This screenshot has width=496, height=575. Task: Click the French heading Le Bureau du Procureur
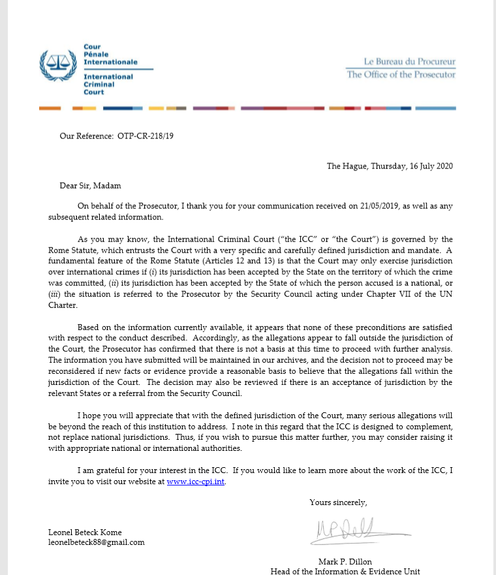click(x=409, y=62)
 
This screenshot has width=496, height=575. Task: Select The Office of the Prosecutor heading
click(x=401, y=74)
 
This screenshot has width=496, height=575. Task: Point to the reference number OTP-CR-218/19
click(x=146, y=137)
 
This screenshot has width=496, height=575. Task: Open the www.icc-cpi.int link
click(x=196, y=482)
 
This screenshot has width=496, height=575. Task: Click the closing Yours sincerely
click(x=338, y=502)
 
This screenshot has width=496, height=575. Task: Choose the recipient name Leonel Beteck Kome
click(x=85, y=532)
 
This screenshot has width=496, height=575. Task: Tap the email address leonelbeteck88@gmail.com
click(x=96, y=542)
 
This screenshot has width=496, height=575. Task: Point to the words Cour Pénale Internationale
click(x=110, y=54)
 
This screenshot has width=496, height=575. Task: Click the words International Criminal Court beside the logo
click(x=108, y=84)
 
